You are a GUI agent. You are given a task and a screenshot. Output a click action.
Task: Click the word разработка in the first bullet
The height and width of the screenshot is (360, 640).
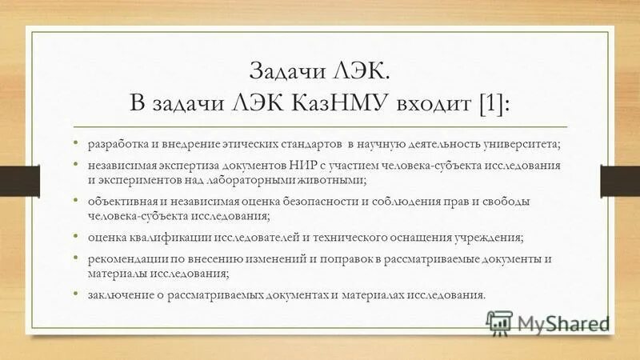tap(110, 144)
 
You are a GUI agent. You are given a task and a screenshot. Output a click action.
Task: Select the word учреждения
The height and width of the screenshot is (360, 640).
tap(490, 238)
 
